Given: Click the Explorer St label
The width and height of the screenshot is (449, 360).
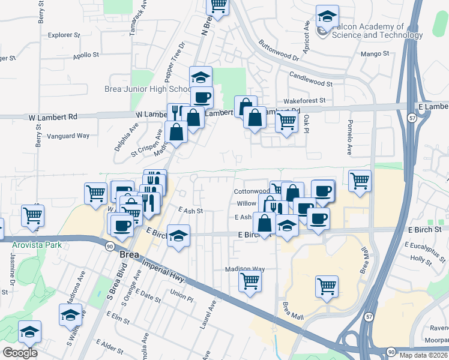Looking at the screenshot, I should pos(64,35).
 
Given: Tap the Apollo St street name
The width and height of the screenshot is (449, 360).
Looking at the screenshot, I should pos(86,55).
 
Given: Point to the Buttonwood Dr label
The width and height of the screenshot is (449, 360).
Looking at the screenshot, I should pos(279,51).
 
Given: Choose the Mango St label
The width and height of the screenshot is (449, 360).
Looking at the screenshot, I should pos(376,54).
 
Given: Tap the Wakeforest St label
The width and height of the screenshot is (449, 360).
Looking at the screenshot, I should pos(304,101).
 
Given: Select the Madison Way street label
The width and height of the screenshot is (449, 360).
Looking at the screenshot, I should pos(245,269).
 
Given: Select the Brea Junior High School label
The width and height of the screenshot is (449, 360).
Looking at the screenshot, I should pos(148,89).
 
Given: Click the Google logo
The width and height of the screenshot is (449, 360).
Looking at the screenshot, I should pos(20,353).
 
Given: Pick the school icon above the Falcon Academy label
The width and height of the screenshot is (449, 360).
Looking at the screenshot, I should pos(327,16).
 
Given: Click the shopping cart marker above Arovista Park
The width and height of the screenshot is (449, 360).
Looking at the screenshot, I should pos(32,215).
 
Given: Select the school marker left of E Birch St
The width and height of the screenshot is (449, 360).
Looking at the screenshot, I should pos(178,235).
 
